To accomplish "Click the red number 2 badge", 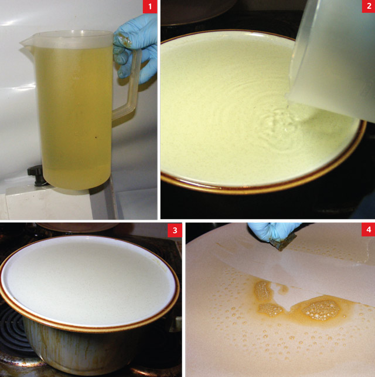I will pyautogui.click(x=366, y=8).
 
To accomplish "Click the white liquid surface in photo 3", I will pyautogui.click(x=88, y=276).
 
